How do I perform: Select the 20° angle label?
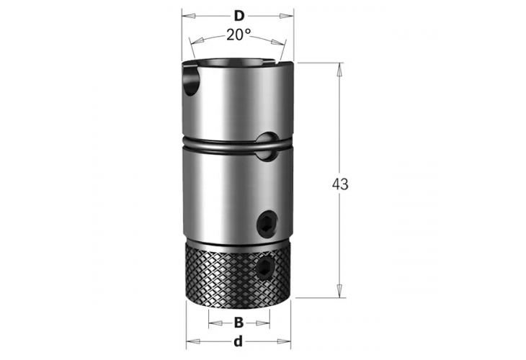pos(238,35)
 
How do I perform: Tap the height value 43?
pos(341,184)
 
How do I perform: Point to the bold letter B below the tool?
pos(238,323)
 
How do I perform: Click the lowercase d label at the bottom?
pos(238,341)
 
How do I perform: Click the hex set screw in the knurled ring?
pos(266,269)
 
